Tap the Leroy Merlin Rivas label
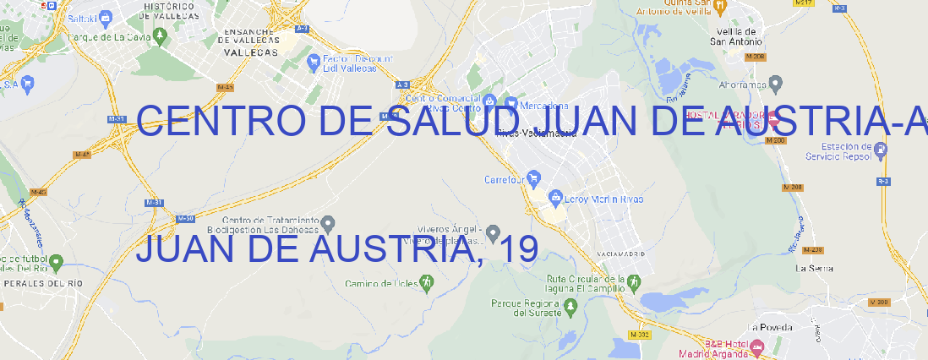coord(603,199)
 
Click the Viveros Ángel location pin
coord(494,232)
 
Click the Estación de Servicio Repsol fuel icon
coord(882,150)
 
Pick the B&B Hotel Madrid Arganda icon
coord(757,346)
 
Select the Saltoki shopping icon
coord(105,16)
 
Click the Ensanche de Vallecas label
coord(250,40)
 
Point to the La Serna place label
coord(816,268)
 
